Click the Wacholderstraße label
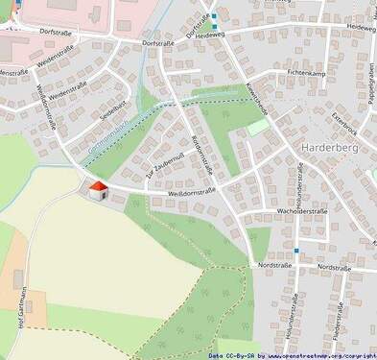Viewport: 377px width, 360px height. (302, 209)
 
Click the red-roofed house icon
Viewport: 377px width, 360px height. (98, 191)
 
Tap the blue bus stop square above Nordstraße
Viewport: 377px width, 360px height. (296, 250)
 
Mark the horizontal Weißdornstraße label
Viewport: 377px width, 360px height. (192, 192)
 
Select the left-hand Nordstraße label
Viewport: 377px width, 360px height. (274, 264)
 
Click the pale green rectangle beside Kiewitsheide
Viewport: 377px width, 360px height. (258, 127)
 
